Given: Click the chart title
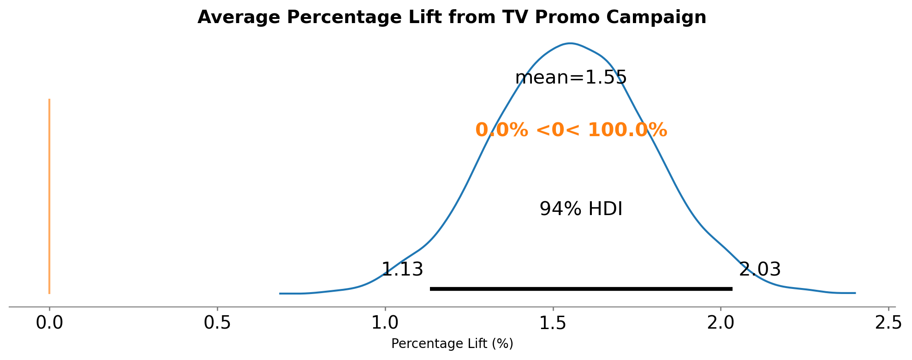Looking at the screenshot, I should coord(452,18).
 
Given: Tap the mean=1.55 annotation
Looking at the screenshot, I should coord(571,78).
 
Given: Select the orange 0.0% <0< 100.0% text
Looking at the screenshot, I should coord(571,130).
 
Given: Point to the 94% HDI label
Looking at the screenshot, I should coord(581,209).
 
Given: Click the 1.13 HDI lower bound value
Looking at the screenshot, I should coord(402,270).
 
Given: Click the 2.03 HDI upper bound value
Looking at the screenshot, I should coord(760,270).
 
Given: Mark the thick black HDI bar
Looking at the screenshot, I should coord(581,289).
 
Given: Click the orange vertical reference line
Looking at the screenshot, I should coord(49,196).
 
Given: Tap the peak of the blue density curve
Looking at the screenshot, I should coord(571,43).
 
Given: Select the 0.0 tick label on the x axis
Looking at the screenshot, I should coord(49,323).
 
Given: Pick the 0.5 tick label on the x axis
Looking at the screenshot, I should coord(217,323).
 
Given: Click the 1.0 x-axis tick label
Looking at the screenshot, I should coord(385,323).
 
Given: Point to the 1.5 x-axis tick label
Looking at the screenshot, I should coord(553,323).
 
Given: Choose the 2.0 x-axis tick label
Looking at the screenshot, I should coord(721,323).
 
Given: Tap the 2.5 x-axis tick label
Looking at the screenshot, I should coord(888,323).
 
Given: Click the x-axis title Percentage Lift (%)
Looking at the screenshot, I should coord(452,344).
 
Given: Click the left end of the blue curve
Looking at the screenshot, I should coord(280,293).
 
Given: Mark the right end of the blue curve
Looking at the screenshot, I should coord(855,293).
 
